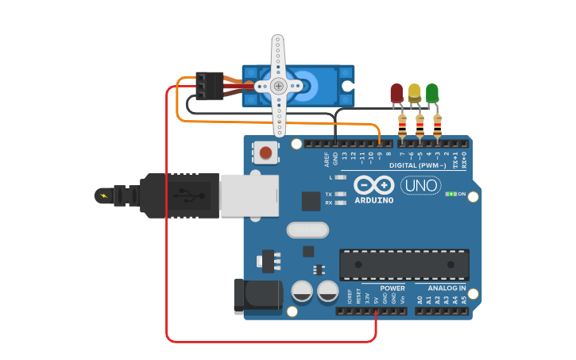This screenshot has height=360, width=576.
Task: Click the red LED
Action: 396,92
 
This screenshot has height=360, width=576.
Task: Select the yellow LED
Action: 414,92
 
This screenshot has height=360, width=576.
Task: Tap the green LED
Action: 431,92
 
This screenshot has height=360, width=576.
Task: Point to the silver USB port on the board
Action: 249,195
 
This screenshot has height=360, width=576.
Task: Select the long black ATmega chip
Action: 404,265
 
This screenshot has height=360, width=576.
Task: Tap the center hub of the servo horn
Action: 278,86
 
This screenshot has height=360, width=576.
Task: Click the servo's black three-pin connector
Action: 210,86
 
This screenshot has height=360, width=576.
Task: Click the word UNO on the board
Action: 420,186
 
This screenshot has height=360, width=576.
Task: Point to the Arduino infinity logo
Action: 373,185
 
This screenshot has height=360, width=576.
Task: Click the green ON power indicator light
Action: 451,194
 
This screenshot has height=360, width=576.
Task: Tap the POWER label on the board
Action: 392,288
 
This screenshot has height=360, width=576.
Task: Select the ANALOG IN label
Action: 447,288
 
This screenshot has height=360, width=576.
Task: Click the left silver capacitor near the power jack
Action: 302,291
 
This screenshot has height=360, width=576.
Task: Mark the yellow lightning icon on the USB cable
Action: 103,195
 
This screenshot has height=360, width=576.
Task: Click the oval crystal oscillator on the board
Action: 307,230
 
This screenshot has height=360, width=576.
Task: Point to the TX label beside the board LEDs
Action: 328,195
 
